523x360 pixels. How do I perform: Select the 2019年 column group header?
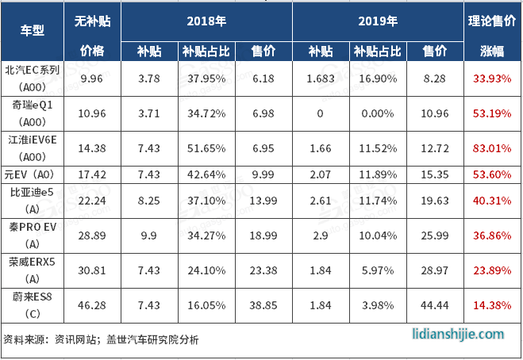click(x=378, y=21)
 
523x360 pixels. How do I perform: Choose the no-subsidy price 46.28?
click(x=92, y=304)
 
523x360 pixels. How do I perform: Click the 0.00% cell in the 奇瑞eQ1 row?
click(x=377, y=113)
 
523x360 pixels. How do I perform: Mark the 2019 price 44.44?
click(x=434, y=304)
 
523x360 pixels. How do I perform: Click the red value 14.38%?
click(x=491, y=304)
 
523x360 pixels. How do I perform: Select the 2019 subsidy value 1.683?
click(x=321, y=79)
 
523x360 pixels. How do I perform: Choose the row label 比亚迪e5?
click(x=30, y=192)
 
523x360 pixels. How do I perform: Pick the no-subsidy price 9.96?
click(x=92, y=79)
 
